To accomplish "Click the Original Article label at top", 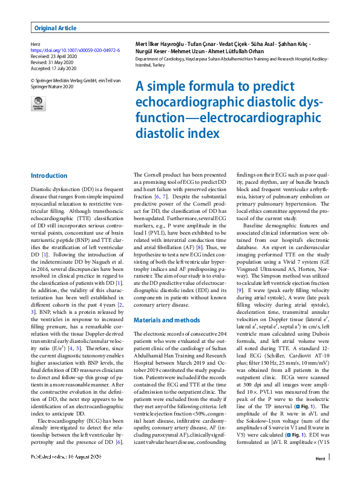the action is click(x=56, y=28).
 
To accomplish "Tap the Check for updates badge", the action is click(x=38, y=103).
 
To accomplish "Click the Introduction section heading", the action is click(x=49, y=176).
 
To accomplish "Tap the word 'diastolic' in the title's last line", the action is click(x=159, y=131).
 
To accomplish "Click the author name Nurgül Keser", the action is click(x=151, y=53).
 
